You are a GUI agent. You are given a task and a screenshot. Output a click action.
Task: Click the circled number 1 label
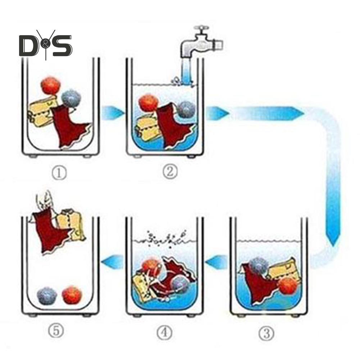tap(59, 173)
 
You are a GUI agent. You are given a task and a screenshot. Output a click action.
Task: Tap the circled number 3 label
tap(266, 333)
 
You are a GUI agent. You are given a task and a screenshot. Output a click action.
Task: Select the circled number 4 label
tap(164, 333)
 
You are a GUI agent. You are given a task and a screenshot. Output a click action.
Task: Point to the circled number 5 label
tap(56, 331)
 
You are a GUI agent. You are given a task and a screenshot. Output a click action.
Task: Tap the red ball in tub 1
tap(50, 86)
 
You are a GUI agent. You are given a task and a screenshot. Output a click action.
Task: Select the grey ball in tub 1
tap(71, 99)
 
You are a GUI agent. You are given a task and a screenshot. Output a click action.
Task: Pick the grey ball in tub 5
tap(47, 296)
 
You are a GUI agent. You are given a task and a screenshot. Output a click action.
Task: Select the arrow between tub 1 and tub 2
tap(113, 113)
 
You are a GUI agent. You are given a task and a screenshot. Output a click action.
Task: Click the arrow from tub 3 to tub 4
tap(216, 262)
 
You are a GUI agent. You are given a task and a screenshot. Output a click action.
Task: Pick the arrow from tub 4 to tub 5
tap(112, 262)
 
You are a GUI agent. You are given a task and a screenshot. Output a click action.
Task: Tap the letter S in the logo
tap(62, 45)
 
